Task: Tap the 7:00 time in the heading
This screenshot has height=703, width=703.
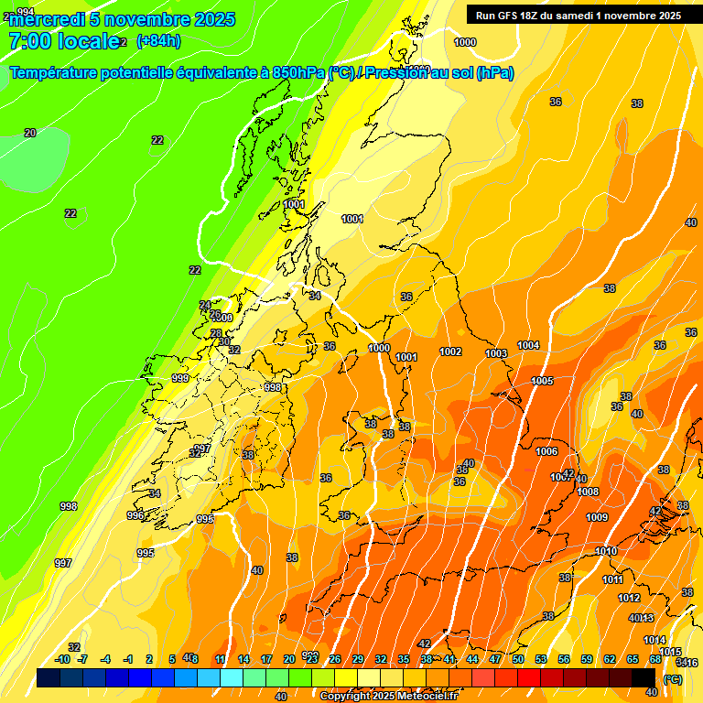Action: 27,41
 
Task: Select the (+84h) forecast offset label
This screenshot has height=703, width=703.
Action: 158,41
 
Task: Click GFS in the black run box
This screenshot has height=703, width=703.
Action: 504,16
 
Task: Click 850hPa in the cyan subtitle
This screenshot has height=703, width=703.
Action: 298,73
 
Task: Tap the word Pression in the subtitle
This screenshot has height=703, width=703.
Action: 395,73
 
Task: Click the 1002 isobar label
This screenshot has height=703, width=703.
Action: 450,351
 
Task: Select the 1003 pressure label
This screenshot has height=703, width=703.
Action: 496,353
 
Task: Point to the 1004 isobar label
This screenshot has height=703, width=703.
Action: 528,345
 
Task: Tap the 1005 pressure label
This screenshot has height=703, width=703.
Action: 542,381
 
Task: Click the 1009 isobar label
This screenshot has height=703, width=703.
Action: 597,517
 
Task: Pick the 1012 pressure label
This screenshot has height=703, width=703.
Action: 629,598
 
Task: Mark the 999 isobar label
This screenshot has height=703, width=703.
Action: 180,378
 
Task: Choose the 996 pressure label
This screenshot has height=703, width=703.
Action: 135,515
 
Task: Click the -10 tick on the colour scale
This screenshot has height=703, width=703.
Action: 62,659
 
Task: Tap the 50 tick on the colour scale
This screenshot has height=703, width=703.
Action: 518,659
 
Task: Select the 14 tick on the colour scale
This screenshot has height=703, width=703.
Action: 243,659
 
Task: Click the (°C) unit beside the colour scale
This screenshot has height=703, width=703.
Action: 673,679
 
